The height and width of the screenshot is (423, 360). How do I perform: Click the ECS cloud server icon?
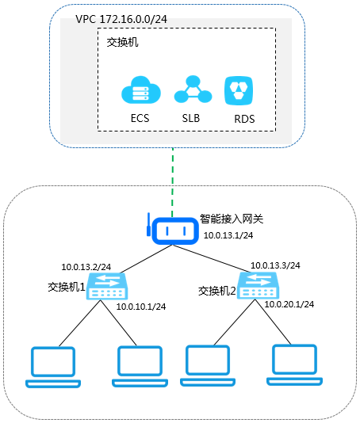coord(141,90)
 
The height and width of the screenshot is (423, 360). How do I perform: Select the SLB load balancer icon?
coord(193,89)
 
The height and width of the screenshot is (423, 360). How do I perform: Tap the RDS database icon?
coord(239,90)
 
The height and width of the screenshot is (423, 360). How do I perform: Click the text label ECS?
coord(140,118)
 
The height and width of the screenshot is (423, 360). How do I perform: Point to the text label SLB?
coord(191,118)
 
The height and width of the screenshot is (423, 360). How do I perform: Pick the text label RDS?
coord(244,119)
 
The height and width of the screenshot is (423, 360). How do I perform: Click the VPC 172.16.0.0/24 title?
coord(121,19)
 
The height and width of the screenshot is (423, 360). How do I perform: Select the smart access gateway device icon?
coord(175,231)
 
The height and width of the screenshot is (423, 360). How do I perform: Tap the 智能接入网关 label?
coord(232,219)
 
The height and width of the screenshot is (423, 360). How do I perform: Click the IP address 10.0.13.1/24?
coord(228,235)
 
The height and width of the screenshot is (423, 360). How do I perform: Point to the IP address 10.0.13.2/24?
coord(86,267)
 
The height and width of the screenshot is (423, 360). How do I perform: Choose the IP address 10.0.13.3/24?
coord(275,265)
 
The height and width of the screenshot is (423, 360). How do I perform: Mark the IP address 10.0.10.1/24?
coord(141,307)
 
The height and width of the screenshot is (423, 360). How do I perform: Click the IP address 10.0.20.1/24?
coord(289,304)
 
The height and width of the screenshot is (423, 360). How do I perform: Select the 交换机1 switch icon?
coord(107,286)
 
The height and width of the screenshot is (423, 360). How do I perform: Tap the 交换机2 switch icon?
coord(258,285)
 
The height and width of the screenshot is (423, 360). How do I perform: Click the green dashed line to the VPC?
coord(173,182)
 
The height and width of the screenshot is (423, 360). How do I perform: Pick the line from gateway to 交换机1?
coord(146,259)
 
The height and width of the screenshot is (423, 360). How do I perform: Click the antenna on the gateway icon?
coord(148,224)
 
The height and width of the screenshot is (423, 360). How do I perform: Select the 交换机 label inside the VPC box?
coord(122,42)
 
